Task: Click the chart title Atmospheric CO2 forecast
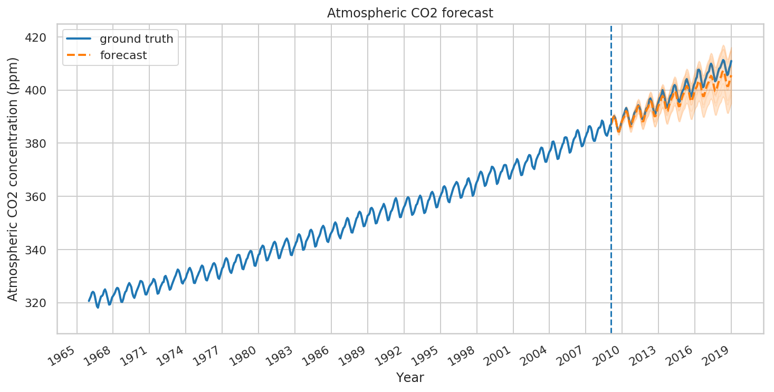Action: click(x=410, y=13)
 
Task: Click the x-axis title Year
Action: click(x=410, y=377)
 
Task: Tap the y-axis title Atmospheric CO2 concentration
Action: click(x=13, y=178)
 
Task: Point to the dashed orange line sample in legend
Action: click(x=77, y=55)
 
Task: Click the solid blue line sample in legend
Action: click(x=77, y=39)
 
